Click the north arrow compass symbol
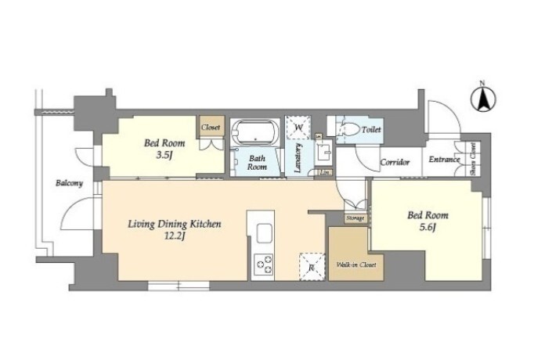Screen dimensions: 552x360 (x=483, y=99)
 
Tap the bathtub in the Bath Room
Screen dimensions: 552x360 (x=255, y=132)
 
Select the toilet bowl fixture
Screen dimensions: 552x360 (x=348, y=129)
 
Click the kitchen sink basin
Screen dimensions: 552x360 (x=264, y=233)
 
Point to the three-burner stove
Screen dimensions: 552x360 (x=264, y=265)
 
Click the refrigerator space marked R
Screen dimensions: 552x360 (x=312, y=267)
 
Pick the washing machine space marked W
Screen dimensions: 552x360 (x=298, y=127)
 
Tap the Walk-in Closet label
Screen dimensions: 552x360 (x=356, y=265)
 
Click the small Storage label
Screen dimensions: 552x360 (x=355, y=218)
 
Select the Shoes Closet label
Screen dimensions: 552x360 (x=473, y=159)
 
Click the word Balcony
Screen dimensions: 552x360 (x=70, y=183)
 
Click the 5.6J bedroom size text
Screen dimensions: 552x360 (x=428, y=228)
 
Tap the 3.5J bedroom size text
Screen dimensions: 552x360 (x=164, y=155)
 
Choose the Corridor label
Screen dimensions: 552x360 (x=395, y=162)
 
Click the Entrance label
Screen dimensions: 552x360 (x=444, y=160)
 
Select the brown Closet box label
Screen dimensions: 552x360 (x=211, y=128)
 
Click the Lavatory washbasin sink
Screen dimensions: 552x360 (x=323, y=153)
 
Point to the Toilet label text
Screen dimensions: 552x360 (x=371, y=129)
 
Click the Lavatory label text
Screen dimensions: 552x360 (x=298, y=157)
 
